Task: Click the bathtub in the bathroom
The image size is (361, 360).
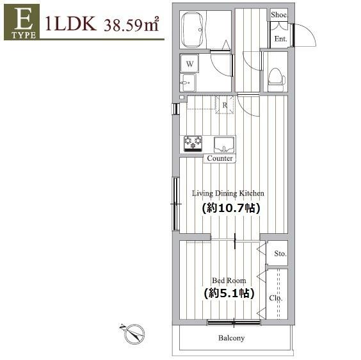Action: [193, 29]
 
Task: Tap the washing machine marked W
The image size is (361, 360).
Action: [189, 63]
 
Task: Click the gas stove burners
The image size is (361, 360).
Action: [193, 143]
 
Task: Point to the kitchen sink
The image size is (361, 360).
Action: [224, 145]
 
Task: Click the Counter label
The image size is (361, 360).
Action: [220, 158]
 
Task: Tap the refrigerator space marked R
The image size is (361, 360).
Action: [225, 105]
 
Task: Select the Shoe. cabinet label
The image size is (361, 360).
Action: [279, 15]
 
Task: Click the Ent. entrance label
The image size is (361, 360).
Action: [280, 38]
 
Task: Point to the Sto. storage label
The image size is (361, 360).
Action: [280, 254]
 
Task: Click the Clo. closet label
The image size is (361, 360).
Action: [276, 298]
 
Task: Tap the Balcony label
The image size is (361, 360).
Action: [231, 338]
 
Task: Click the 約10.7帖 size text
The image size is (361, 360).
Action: [231, 208]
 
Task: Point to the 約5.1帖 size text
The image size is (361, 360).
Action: [229, 293]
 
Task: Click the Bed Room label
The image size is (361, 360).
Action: [229, 281]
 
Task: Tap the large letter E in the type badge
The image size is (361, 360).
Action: [22, 19]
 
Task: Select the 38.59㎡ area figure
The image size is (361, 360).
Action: [131, 24]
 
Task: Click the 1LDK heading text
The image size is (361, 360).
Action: [70, 24]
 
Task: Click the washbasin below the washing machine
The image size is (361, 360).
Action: [189, 83]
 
